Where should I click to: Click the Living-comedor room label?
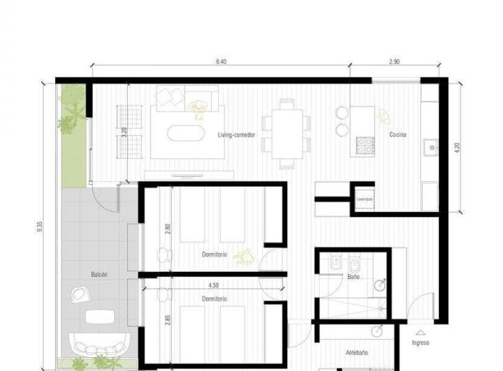pyautogui.click(x=235, y=135)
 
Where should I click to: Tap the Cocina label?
pyautogui.click(x=398, y=135)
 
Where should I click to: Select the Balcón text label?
pyautogui.click(x=99, y=275)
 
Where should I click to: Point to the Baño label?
pyautogui.click(x=353, y=277)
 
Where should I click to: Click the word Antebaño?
pyautogui.click(x=357, y=352)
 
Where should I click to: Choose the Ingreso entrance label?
pyautogui.click(x=421, y=342)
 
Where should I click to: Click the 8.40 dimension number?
pyautogui.click(x=221, y=62)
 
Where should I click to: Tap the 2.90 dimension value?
pyautogui.click(x=395, y=62)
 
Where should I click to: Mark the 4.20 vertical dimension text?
pyautogui.click(x=457, y=148)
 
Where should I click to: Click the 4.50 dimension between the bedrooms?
pyautogui.click(x=214, y=285)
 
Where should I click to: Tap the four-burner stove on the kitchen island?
pyautogui.click(x=365, y=145)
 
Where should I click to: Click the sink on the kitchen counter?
pyautogui.click(x=430, y=147)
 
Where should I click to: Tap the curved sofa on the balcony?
pyautogui.click(x=99, y=344)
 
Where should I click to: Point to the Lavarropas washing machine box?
pyautogui.click(x=364, y=198)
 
